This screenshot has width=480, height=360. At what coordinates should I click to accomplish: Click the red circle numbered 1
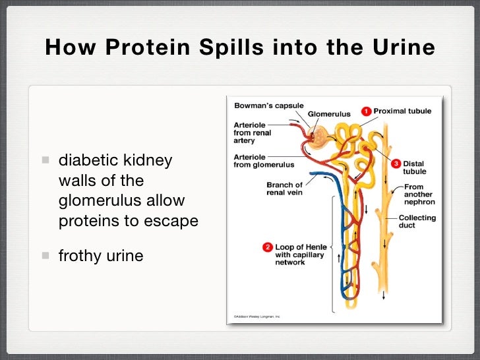pyautogui.click(x=367, y=111)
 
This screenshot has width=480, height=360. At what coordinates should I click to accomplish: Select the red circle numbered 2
pyautogui.click(x=268, y=247)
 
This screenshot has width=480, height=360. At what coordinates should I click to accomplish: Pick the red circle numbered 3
pyautogui.click(x=396, y=163)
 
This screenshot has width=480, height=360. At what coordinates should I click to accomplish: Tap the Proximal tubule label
pyautogui.click(x=402, y=111)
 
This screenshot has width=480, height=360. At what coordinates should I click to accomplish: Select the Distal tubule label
pyautogui.click(x=414, y=167)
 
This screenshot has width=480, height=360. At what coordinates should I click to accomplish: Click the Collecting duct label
pyautogui.click(x=417, y=222)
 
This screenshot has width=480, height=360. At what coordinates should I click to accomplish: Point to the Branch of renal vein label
pyautogui.click(x=284, y=189)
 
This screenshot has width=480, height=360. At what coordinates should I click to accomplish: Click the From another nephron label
pyautogui.click(x=419, y=195)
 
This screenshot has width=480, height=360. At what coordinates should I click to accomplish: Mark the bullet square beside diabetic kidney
pyautogui.click(x=45, y=160)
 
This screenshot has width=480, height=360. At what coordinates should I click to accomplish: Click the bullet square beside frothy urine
pyautogui.click(x=45, y=255)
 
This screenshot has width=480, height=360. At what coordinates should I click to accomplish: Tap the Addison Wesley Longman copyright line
pyautogui.click(x=255, y=316)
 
